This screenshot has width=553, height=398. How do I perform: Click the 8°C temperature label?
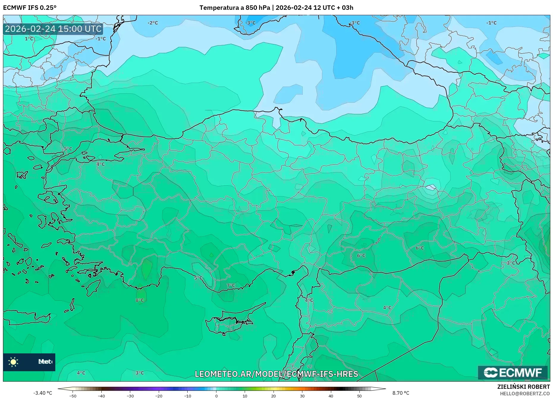(140, 300)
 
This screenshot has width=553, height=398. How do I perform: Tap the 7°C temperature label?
(231, 285)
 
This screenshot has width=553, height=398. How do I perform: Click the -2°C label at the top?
(153, 23)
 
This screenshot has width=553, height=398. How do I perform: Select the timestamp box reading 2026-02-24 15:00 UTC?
(53, 29)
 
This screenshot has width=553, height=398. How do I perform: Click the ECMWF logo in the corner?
(513, 372)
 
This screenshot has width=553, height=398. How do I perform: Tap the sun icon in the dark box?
(13, 362)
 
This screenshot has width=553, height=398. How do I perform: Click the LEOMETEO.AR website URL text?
(276, 374)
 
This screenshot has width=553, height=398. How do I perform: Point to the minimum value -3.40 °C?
(43, 393)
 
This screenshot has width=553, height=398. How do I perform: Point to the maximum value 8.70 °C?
(401, 393)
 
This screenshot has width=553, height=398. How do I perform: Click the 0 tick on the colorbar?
(216, 396)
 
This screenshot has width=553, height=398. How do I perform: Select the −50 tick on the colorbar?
(73, 396)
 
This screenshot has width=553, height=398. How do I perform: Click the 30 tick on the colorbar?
(302, 396)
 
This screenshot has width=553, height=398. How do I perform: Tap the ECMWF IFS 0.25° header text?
(30, 8)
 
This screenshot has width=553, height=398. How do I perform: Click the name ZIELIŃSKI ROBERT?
(523, 387)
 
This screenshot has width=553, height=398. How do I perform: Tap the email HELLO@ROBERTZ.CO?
(524, 393)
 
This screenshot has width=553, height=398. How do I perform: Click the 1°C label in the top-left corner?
(29, 39)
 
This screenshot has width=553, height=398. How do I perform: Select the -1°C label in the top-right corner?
(491, 23)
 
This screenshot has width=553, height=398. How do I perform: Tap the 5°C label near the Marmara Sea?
(68, 149)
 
